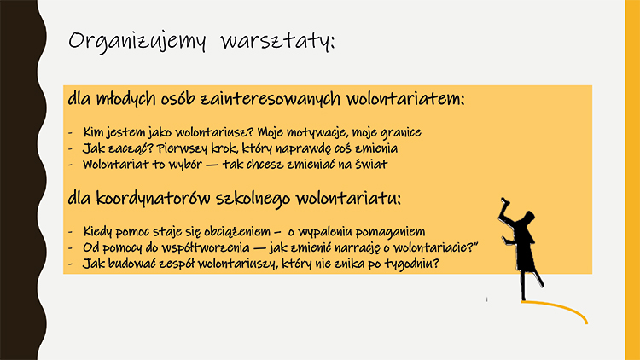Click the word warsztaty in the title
click(277, 41)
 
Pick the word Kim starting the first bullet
click(93, 133)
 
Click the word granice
click(399, 133)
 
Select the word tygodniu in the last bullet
click(410, 264)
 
